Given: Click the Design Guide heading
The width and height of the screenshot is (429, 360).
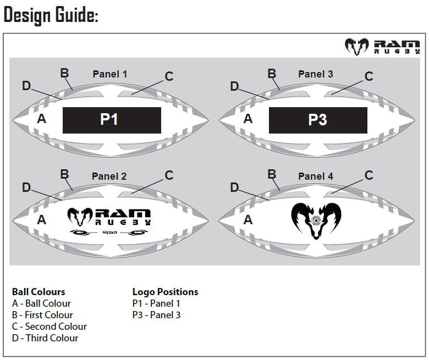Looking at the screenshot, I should coord(51,15).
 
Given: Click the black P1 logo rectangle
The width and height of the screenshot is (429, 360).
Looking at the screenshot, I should coord(112,120).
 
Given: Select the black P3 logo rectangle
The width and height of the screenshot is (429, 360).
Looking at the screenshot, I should coord(318,120).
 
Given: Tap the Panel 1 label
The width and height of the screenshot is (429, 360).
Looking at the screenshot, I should coord(109,74).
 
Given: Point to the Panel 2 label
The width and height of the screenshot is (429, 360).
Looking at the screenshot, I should coord(109,176).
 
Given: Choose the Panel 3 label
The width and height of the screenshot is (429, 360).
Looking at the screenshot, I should coord(316,74).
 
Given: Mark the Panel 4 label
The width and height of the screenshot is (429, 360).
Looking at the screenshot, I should coord(316,176).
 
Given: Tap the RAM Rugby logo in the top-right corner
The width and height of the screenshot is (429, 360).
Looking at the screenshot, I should coord(382,46).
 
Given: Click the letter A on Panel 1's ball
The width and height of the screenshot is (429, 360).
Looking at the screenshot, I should coord(41,118).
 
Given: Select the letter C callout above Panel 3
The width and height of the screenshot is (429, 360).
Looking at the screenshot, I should coord(369,76).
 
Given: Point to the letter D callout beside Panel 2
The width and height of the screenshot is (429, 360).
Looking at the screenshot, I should coord(26,187).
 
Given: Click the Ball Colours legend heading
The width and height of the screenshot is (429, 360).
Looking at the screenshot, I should coord(38,292).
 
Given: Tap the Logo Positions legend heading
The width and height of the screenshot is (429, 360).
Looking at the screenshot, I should coord(165,292).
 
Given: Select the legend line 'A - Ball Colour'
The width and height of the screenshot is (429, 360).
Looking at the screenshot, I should coord(41,303).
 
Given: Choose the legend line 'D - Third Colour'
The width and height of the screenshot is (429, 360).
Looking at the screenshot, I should coord(45,338).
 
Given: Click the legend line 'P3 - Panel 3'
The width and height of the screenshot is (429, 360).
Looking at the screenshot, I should coord(156,315).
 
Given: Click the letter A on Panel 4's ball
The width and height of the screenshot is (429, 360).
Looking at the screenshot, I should coord(248,220).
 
